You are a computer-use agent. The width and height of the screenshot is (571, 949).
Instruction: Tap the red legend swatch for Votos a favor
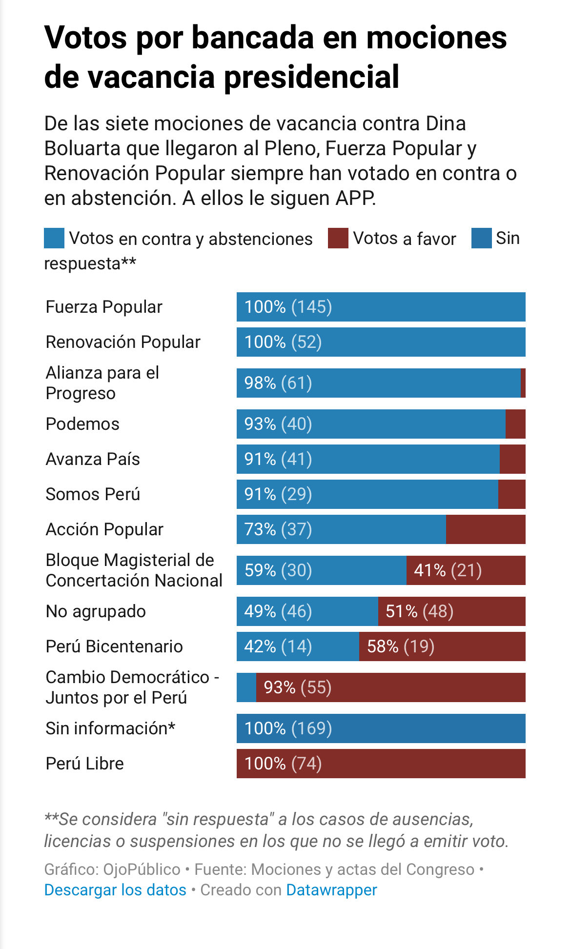tap(338, 238)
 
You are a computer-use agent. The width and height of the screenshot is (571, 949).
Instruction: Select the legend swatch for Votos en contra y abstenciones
tap(54, 238)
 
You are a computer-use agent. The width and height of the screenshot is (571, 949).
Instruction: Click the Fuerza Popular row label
tap(104, 307)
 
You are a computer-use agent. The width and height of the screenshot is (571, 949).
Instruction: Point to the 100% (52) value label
tap(283, 342)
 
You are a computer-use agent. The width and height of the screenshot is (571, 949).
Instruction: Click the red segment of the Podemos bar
tap(515, 424)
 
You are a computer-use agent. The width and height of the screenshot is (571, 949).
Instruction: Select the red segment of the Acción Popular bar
tap(486, 529)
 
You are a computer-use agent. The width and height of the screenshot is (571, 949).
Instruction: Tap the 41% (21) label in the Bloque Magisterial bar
tap(448, 570)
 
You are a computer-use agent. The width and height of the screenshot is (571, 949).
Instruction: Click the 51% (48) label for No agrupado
tap(419, 611)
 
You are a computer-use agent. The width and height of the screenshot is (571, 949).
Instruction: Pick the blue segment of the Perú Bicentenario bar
tap(298, 646)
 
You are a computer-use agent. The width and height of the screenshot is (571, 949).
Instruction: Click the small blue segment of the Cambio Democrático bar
tap(246, 687)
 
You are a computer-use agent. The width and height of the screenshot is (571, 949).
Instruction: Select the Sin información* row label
tap(110, 728)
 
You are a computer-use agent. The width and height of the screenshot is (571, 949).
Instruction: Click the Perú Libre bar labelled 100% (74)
tap(381, 764)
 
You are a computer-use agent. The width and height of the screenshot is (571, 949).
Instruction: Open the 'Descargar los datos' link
tap(115, 890)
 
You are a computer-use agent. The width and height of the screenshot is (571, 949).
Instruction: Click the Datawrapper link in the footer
tap(331, 890)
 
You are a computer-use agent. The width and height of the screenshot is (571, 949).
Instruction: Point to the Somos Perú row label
tap(93, 494)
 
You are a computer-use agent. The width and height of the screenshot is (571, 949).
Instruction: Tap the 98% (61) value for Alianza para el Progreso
tap(278, 383)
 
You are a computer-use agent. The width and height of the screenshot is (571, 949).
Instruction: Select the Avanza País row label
tap(93, 459)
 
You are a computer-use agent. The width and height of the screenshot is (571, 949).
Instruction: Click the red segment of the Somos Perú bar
tap(511, 494)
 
